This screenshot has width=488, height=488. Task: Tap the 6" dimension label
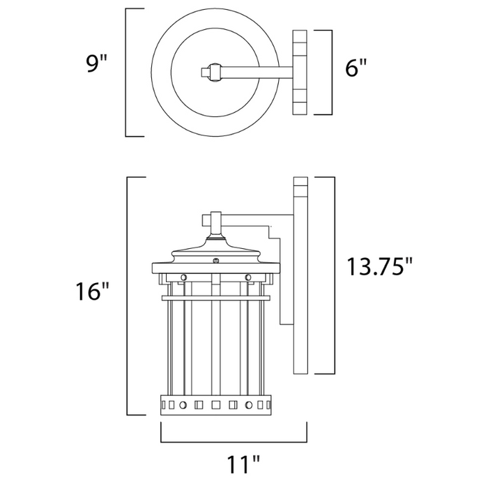pyautogui.click(x=356, y=69)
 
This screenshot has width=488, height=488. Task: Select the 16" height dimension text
pyautogui.click(x=94, y=291)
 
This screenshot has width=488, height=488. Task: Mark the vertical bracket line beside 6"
pyautogui.click(x=329, y=72)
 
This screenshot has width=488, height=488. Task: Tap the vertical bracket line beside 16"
pyautogui.click(x=127, y=296)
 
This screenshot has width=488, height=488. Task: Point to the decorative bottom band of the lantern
pyautogui.click(x=216, y=404)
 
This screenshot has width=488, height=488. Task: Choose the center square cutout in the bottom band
pyautogui.click(x=216, y=404)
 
